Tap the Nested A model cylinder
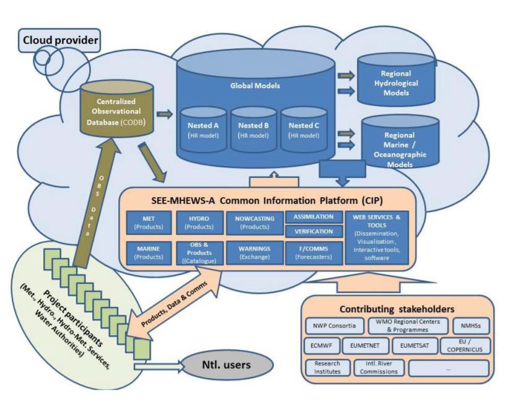point(203,128)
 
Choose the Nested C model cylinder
point(303,128)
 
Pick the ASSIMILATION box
point(312,217)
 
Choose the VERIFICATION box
point(312,232)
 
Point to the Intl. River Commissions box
point(379,368)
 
